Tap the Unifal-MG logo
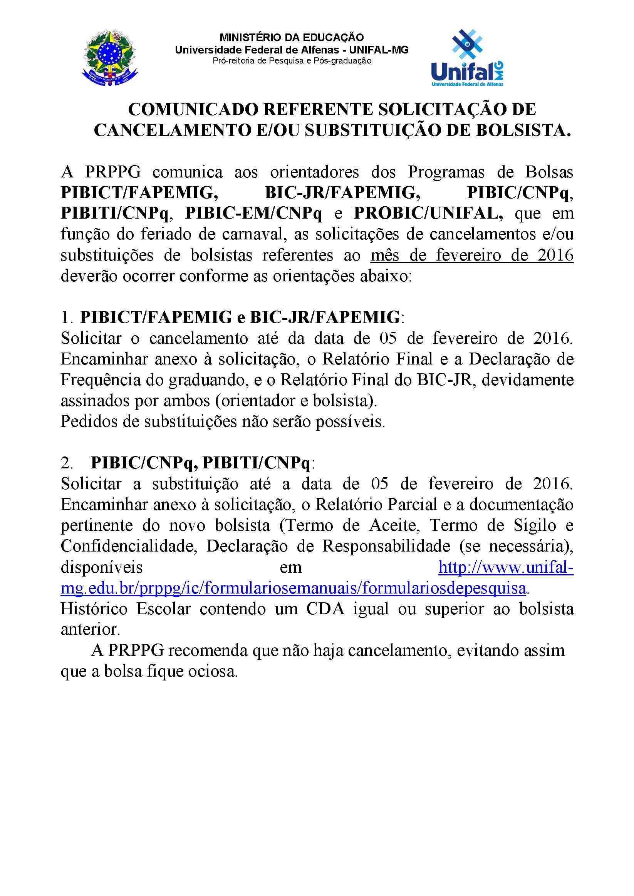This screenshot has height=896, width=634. click(467, 58)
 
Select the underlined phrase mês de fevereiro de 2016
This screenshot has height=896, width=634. click(472, 256)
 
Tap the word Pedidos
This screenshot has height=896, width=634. click(86, 422)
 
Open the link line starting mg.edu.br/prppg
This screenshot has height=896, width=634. click(293, 588)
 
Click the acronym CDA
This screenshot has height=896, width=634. click(326, 609)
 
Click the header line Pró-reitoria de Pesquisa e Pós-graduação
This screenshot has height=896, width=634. click(292, 61)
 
